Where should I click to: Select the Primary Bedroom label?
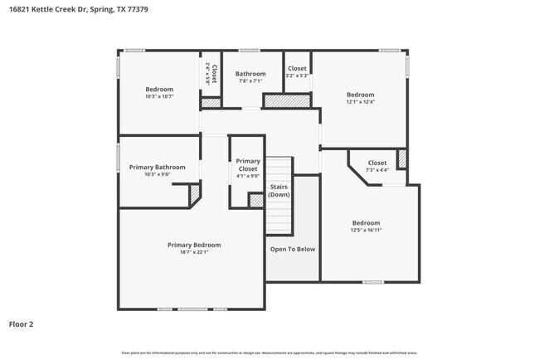coord(194,245)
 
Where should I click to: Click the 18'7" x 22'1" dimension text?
coord(194,252)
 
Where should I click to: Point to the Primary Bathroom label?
coord(158,167)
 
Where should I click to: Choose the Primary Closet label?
coord(248,164)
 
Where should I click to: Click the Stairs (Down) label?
coord(279,191)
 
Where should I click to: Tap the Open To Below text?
coord(292,249)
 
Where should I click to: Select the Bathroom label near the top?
coord(250,73)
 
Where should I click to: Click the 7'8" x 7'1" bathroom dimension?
coord(250,80)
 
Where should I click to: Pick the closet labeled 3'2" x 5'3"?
coord(297,71)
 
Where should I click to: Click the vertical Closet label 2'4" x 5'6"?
coord(211,75)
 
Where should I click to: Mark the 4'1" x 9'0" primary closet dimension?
coord(248,175)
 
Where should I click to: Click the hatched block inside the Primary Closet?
coord(255,200)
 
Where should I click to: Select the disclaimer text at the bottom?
coord(269,353)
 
